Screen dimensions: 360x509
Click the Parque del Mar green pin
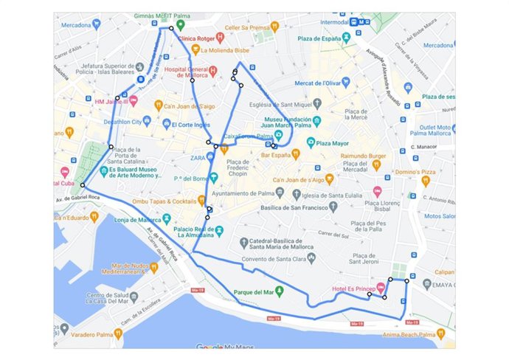click(279, 290)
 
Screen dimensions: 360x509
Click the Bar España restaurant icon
click(296, 155)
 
